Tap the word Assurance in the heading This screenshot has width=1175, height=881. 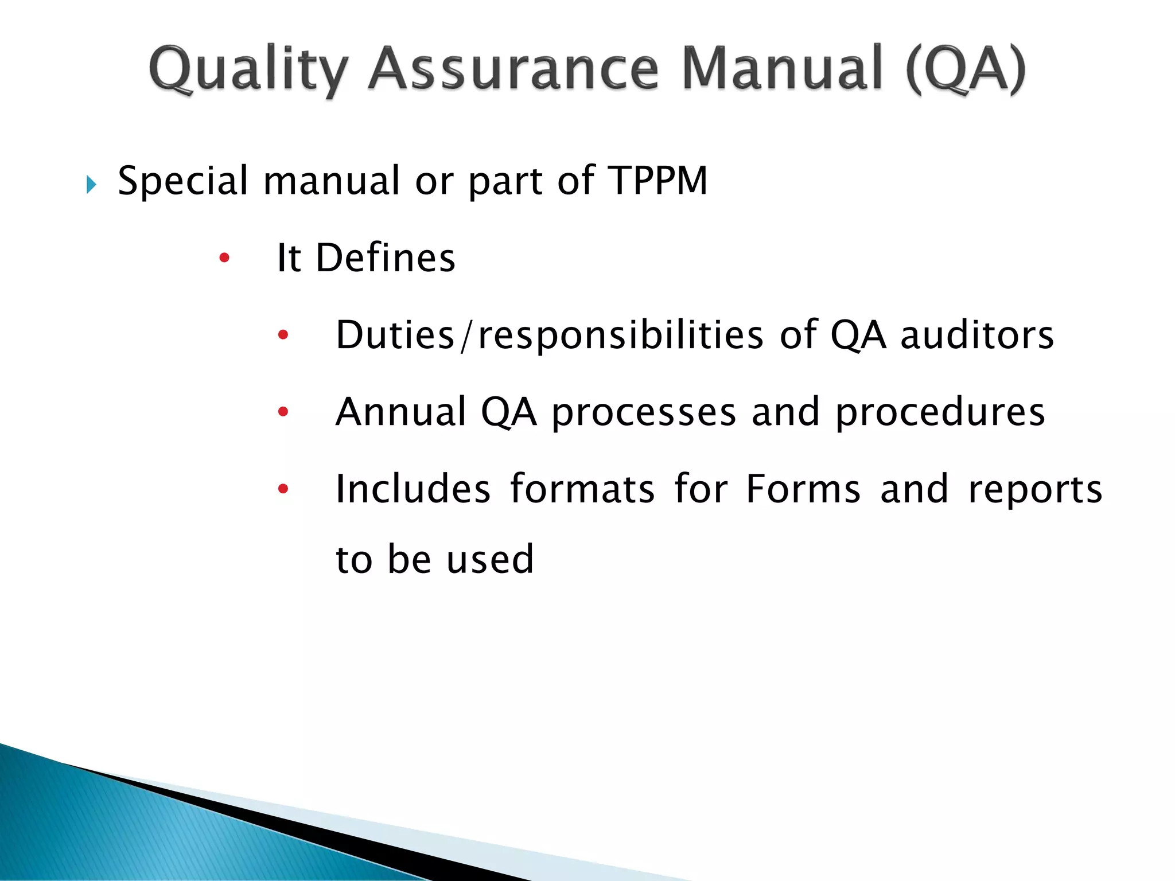click(x=513, y=70)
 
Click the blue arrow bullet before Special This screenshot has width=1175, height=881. click(x=91, y=185)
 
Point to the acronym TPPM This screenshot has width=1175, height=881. click(x=657, y=181)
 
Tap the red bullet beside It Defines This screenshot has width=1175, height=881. click(x=224, y=258)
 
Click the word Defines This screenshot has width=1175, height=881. click(x=386, y=258)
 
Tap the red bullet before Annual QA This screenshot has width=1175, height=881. click(x=283, y=411)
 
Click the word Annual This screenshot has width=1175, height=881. click(x=401, y=412)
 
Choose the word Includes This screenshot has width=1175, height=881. click(x=413, y=489)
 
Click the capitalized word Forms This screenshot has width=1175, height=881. click(x=803, y=489)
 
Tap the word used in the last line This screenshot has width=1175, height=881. click(x=490, y=559)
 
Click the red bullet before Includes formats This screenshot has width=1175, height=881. click(x=283, y=489)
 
